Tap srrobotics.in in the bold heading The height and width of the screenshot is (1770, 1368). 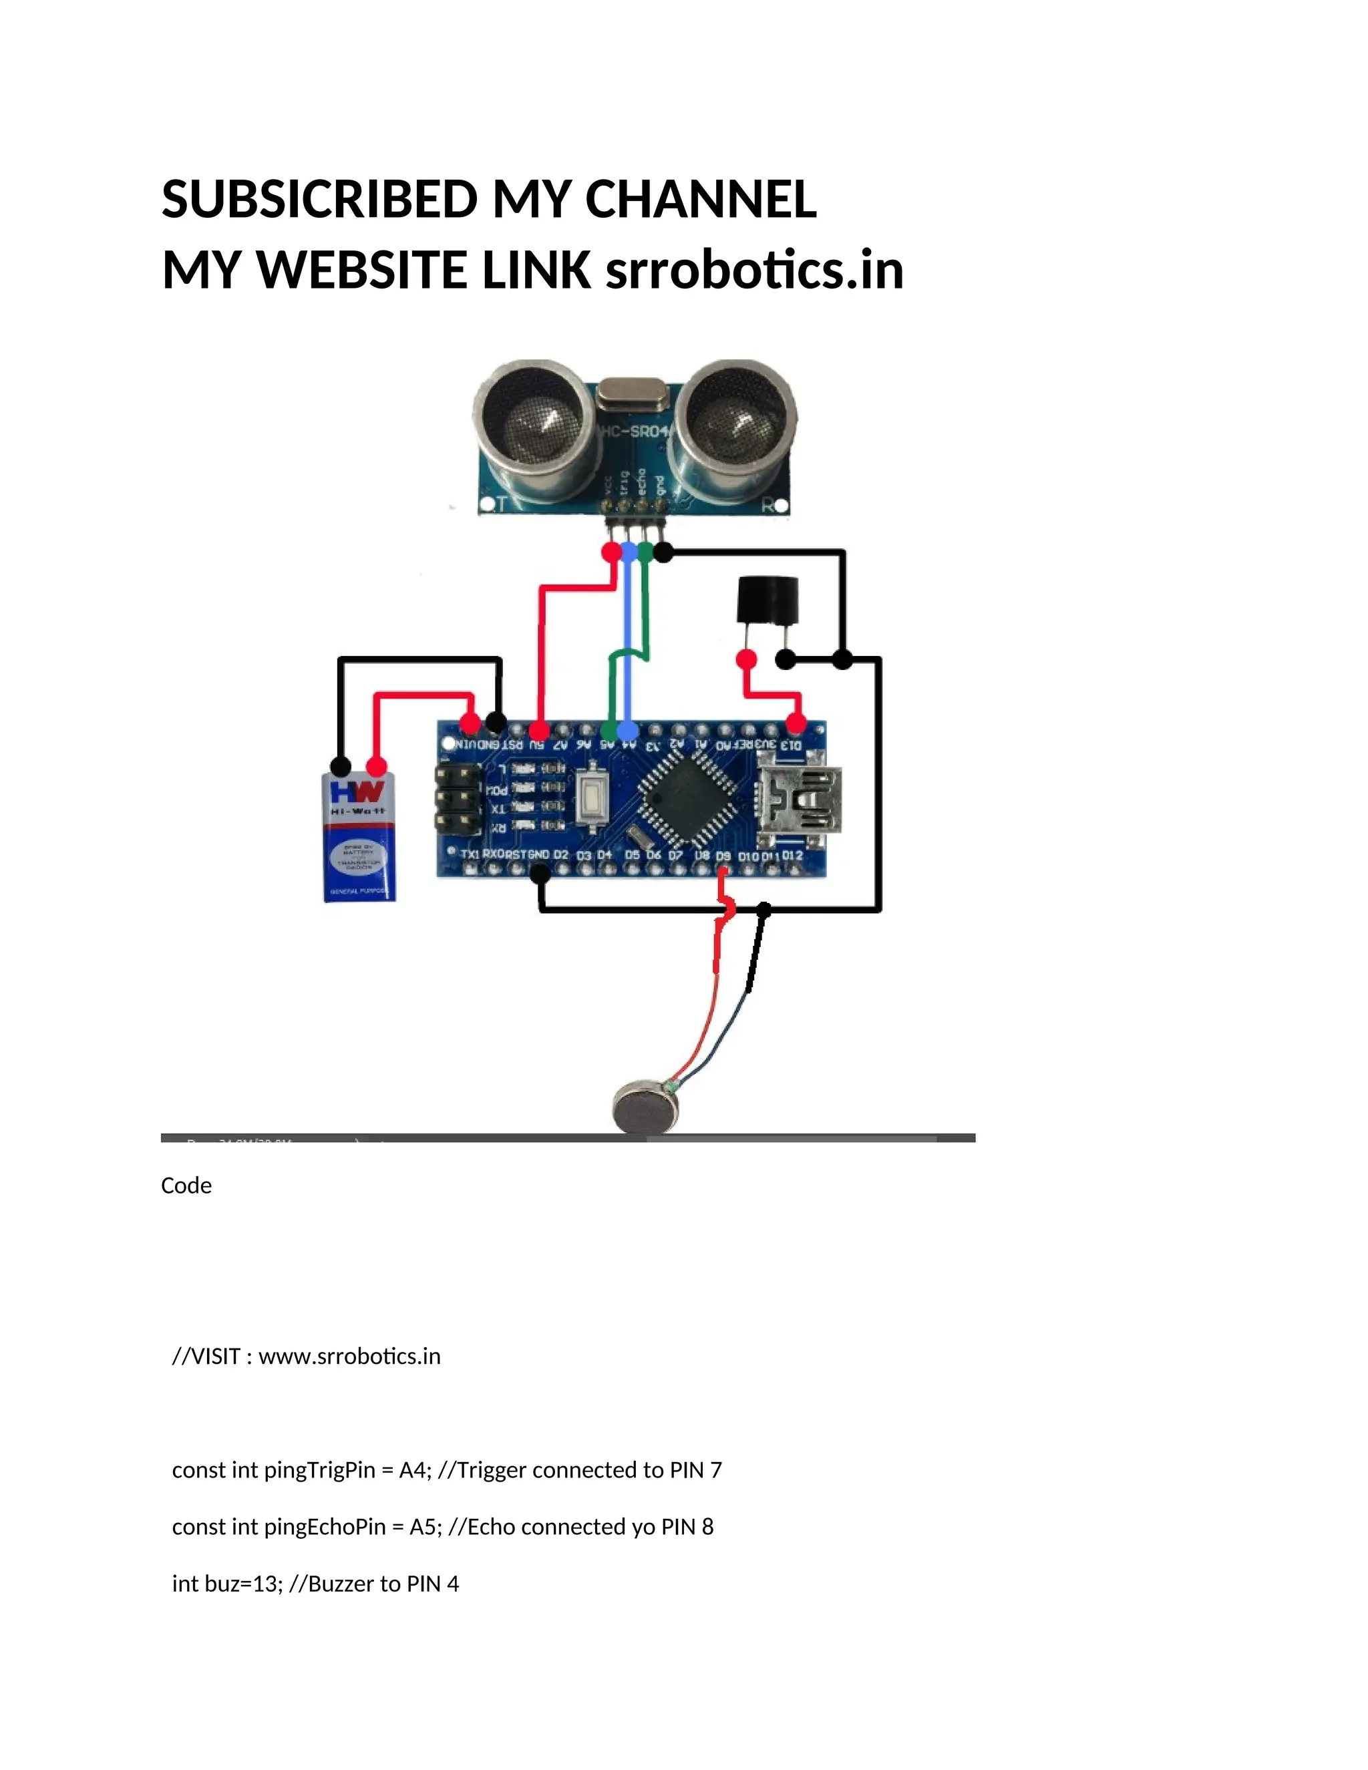[x=755, y=270]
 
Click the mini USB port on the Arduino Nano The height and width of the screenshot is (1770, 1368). [x=798, y=802]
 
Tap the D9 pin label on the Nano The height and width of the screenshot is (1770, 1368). [x=723, y=856]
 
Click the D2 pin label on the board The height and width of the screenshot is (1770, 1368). [x=561, y=855]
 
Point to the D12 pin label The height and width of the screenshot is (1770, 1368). [x=794, y=856]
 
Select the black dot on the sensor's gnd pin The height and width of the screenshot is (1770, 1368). [x=663, y=553]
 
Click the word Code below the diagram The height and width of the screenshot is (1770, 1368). [x=186, y=1186]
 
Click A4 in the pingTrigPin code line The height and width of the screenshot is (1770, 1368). [x=413, y=1470]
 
